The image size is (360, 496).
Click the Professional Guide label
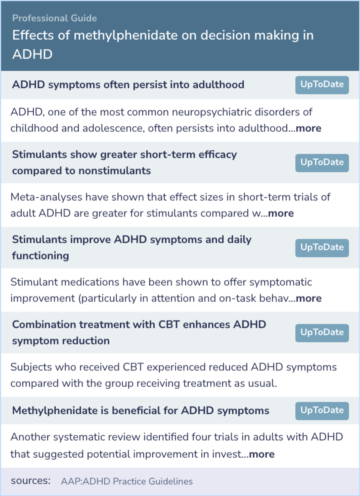pos(54,18)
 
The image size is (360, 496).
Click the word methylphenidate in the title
pos(126,35)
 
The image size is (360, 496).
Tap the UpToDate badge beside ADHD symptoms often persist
pos(322,85)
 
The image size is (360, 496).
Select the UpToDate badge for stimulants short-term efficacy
pos(322,163)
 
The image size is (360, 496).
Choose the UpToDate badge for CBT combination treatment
pos(322,333)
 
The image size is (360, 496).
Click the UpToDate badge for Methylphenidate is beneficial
pos(322,411)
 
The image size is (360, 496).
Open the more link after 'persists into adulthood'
pos(308,128)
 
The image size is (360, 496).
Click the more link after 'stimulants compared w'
pos(281,213)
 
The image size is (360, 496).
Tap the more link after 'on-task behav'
pos(309,299)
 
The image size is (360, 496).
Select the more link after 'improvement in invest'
pos(262,454)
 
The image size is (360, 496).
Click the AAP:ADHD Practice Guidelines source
pos(127,481)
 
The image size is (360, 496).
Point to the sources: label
pos(31,481)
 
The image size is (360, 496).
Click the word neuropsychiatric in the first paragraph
pos(212,112)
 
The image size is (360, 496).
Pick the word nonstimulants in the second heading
pos(115,171)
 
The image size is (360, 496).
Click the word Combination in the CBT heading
pos(44,325)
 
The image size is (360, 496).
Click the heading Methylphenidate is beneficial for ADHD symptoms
pos(141,411)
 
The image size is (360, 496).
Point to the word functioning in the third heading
pos(40,256)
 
